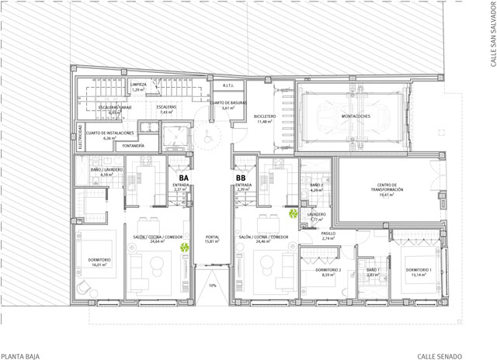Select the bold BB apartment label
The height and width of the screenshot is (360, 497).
[242, 177]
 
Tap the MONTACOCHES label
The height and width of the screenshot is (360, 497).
[354, 116]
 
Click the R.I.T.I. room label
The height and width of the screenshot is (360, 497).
[228, 86]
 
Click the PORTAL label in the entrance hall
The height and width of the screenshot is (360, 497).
[210, 237]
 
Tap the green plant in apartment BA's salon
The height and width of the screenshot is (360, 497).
[184, 248]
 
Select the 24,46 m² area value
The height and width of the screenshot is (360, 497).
[263, 242]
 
